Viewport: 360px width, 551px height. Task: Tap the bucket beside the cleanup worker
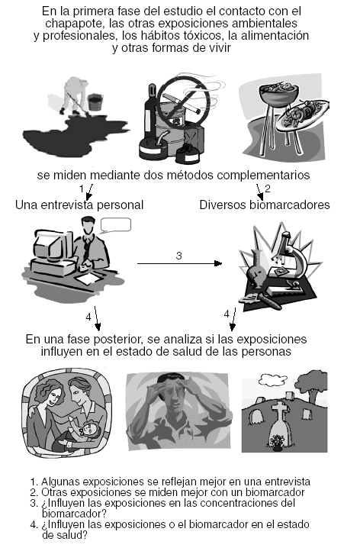pos(95,101)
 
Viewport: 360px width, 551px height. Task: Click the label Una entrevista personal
pos(79,205)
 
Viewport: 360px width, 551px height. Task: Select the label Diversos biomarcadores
pos(265,205)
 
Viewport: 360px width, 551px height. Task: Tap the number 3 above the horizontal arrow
pos(178,256)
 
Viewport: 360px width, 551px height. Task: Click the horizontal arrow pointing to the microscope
pos(179,263)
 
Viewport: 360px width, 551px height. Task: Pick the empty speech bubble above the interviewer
pos(116,225)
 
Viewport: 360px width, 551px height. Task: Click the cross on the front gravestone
pos(280,411)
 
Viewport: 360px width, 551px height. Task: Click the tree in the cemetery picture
pos(312,385)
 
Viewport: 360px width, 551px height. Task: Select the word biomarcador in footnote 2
pos(275,492)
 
